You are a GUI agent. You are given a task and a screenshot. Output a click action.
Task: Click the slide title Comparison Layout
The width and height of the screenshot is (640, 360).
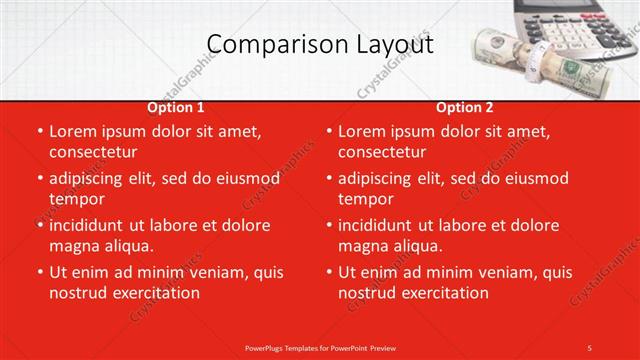(x=320, y=44)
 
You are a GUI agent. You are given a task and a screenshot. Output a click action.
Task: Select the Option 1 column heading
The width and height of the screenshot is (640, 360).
(x=176, y=107)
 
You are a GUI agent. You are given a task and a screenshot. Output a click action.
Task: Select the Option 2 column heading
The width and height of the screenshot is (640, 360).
(x=465, y=107)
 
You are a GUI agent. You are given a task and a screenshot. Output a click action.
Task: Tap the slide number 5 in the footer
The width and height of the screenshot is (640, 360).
(x=589, y=347)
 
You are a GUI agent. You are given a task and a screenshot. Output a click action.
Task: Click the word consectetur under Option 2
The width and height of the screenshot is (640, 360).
(x=382, y=152)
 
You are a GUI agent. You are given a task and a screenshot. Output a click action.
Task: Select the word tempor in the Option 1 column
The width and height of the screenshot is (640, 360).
(x=75, y=199)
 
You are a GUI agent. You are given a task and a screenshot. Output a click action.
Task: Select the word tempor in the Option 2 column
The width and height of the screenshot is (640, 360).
(x=365, y=199)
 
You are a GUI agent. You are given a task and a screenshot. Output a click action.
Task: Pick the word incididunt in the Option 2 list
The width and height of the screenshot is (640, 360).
(x=381, y=225)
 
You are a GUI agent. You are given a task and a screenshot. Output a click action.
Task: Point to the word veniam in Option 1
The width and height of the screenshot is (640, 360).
(x=225, y=272)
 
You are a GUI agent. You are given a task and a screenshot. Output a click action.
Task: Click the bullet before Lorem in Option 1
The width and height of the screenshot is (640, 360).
(x=39, y=131)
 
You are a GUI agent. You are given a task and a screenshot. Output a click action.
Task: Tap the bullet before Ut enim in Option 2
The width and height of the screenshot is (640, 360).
(x=329, y=272)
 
